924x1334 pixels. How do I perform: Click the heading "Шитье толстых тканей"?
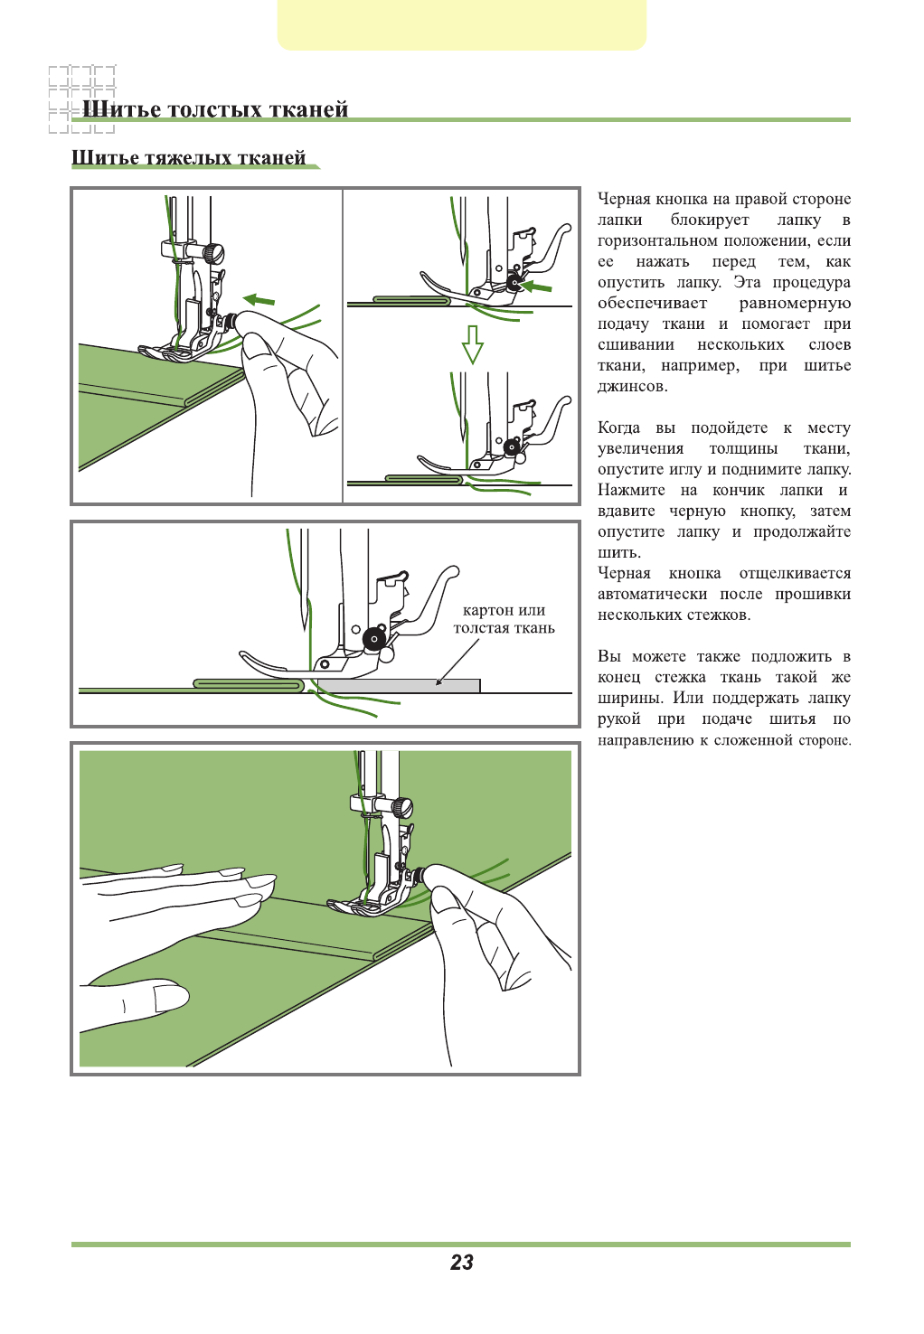pyautogui.click(x=215, y=109)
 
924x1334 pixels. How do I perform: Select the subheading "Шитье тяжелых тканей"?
pyautogui.click(x=188, y=158)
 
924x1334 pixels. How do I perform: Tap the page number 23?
pyautogui.click(x=462, y=1263)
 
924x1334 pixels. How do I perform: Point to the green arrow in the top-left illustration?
pyautogui.click(x=259, y=299)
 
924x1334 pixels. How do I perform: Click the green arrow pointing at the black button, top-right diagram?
pyautogui.click(x=537, y=287)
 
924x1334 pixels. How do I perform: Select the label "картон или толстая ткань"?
pyautogui.click(x=504, y=619)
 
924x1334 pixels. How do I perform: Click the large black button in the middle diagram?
pyautogui.click(x=374, y=639)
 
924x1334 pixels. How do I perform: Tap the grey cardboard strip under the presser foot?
pyautogui.click(x=398, y=686)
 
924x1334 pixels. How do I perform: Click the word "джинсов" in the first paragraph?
pyautogui.click(x=632, y=387)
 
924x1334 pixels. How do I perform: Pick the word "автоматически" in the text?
pyautogui.click(x=652, y=595)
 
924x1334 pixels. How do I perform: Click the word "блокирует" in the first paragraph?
pyautogui.click(x=710, y=221)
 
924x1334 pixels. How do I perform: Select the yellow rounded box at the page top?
pyautogui.click(x=462, y=24)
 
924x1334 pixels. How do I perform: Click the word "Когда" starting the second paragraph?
pyautogui.click(x=618, y=428)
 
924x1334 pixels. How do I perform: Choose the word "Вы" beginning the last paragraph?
pyautogui.click(x=608, y=657)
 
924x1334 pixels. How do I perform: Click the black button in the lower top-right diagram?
pyautogui.click(x=513, y=446)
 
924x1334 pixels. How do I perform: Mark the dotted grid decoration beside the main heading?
pyautogui.click(x=81, y=99)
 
